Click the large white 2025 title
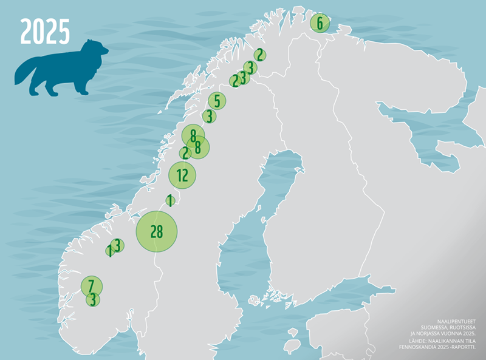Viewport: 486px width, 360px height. (45, 32)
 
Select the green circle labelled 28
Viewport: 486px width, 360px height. (157, 231)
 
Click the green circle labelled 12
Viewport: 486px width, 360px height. (182, 175)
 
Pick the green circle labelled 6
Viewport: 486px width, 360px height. (320, 24)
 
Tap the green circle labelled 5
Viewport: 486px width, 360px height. (217, 101)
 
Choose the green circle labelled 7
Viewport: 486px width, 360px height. (91, 285)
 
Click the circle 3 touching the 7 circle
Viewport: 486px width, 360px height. (92, 299)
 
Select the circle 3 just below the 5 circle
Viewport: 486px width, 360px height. (209, 116)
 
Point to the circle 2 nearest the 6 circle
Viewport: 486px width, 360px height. (259, 55)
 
